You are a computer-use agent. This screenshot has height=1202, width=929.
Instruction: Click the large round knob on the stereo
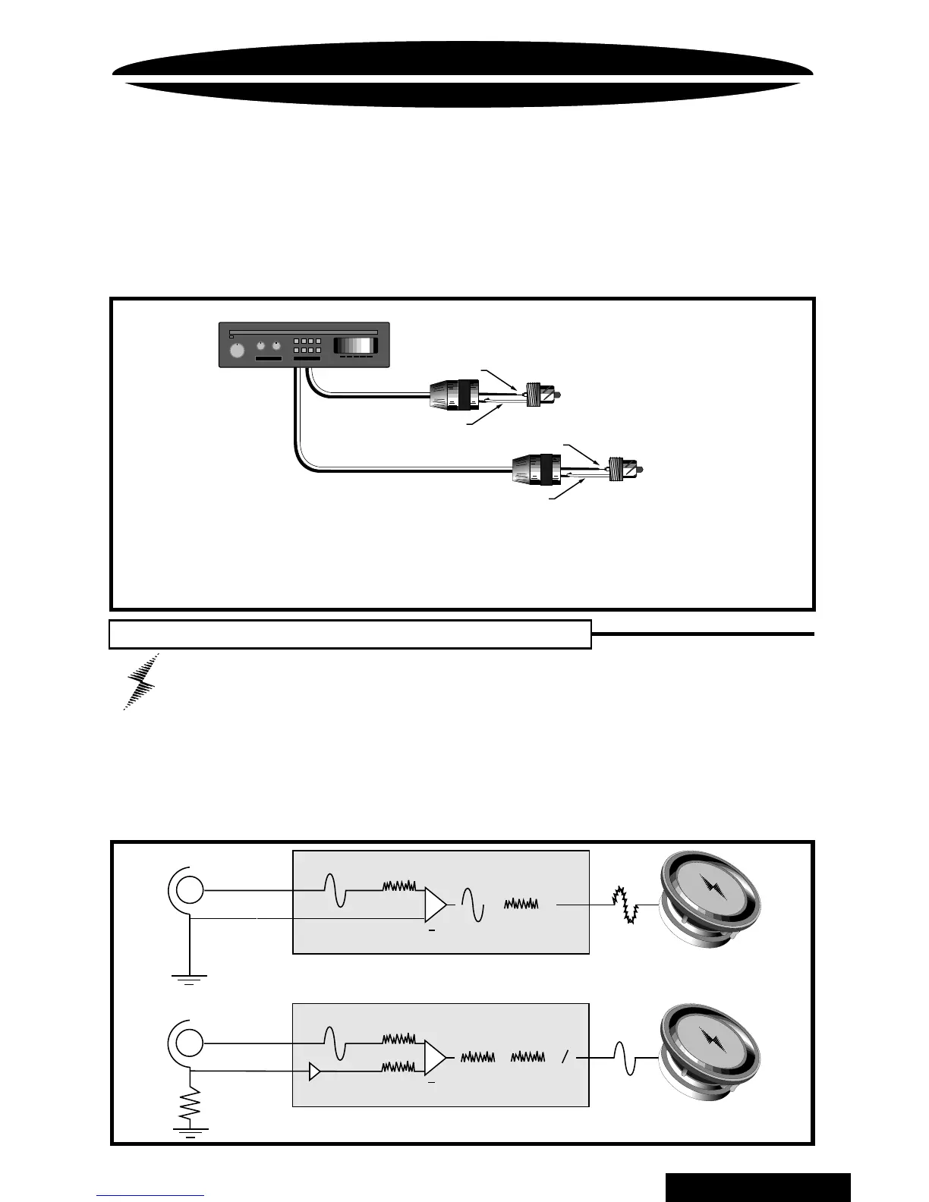click(238, 351)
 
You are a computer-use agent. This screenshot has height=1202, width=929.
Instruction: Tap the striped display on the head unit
click(356, 345)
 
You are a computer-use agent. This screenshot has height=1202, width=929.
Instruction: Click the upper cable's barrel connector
click(455, 397)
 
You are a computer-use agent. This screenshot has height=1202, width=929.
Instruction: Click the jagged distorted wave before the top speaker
click(628, 904)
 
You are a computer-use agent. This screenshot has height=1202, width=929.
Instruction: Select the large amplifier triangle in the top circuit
click(436, 904)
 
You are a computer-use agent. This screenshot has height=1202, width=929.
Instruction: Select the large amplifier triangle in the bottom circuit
click(436, 1056)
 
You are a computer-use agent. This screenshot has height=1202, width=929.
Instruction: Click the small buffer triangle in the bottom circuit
click(314, 1071)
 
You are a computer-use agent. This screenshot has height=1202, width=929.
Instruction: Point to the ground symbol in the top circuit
click(189, 978)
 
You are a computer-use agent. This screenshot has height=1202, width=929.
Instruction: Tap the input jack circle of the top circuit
click(189, 889)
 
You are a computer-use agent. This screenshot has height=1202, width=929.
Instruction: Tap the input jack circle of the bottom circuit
click(189, 1042)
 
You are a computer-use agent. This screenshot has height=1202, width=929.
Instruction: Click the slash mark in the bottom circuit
click(564, 1057)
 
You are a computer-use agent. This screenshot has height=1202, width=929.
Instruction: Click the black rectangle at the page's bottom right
click(757, 1187)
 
